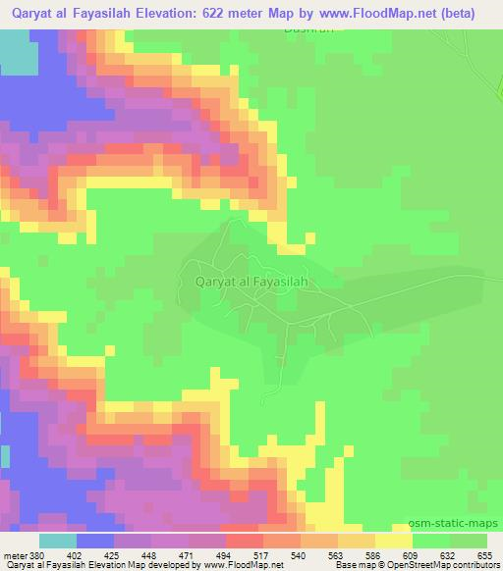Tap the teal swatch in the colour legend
click(58, 541)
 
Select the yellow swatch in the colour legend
click(395, 541)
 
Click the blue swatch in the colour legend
click(95, 541)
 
